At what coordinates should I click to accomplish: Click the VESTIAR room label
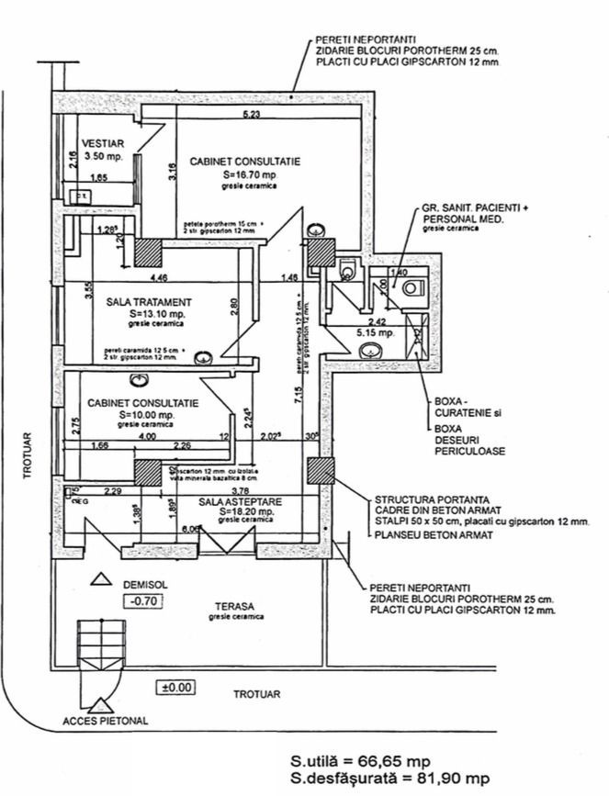[x=98, y=144]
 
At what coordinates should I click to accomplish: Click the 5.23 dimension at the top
[x=251, y=115]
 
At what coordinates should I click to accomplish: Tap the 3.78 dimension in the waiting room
[x=242, y=491]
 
